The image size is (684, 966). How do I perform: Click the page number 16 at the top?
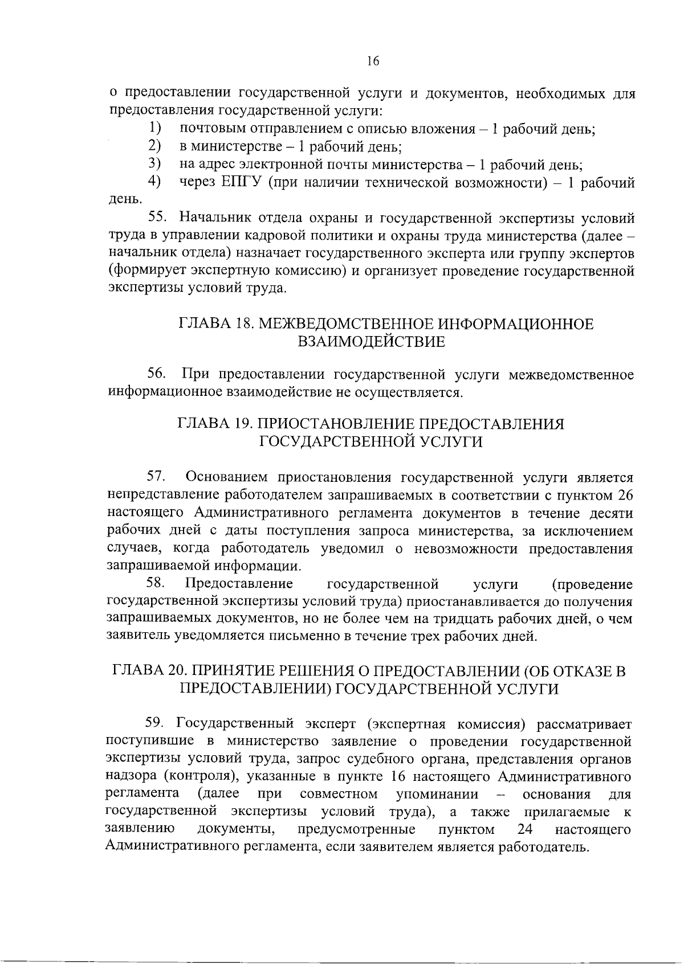[373, 62]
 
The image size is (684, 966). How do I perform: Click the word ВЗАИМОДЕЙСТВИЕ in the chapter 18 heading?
[371, 342]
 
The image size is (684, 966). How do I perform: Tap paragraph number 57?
[157, 476]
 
